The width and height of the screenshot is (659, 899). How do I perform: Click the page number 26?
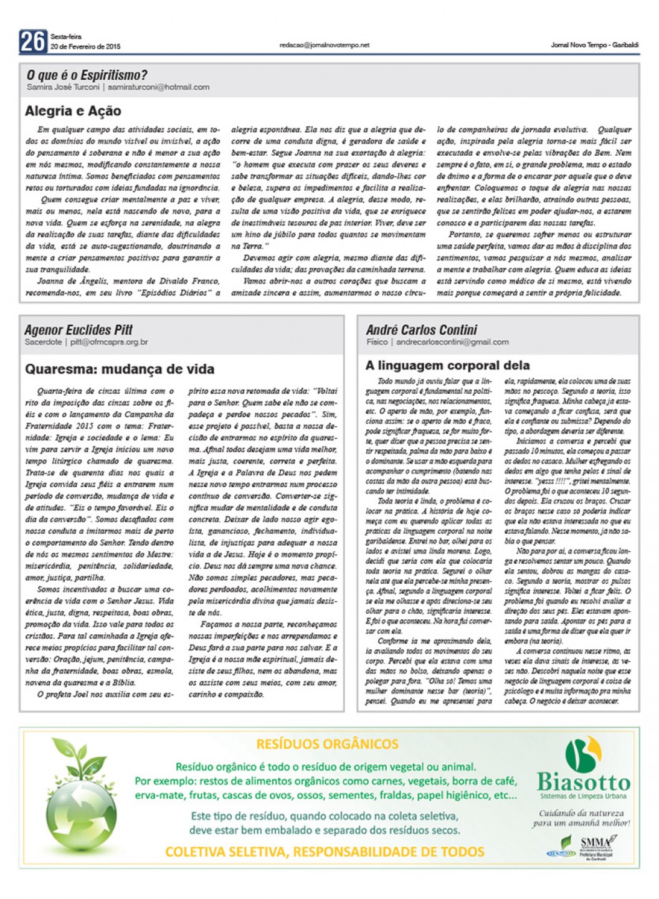pos(32,41)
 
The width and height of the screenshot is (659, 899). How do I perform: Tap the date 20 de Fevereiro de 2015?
pos(85,47)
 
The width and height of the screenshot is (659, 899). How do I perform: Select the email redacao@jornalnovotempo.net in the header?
pos(325,45)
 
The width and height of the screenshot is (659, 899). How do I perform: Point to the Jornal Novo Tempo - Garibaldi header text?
pos(594,45)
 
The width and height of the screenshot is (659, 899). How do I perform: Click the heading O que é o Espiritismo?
pos(87,75)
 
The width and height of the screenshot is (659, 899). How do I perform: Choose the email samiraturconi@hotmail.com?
pos(158,87)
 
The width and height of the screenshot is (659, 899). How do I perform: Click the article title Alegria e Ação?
pos(73,112)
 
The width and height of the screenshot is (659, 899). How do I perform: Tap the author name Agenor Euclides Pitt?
pos(78,330)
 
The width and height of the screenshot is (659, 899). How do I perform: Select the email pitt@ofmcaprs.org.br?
pos(109,342)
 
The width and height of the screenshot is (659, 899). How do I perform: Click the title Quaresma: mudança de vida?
pos(120,369)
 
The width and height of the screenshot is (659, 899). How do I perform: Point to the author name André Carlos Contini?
pos(422,330)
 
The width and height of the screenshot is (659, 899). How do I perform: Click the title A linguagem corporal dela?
pos(448,366)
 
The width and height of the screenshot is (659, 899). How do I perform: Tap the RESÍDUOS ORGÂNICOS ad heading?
pos(327,744)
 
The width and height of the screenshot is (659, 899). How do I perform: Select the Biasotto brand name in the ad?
pos(584,782)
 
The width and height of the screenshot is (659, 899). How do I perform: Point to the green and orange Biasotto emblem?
pos(583,754)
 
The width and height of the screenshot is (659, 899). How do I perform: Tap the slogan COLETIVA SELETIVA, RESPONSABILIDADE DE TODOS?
pos(325,852)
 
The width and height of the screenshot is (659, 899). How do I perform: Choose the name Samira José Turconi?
pos(63,87)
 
